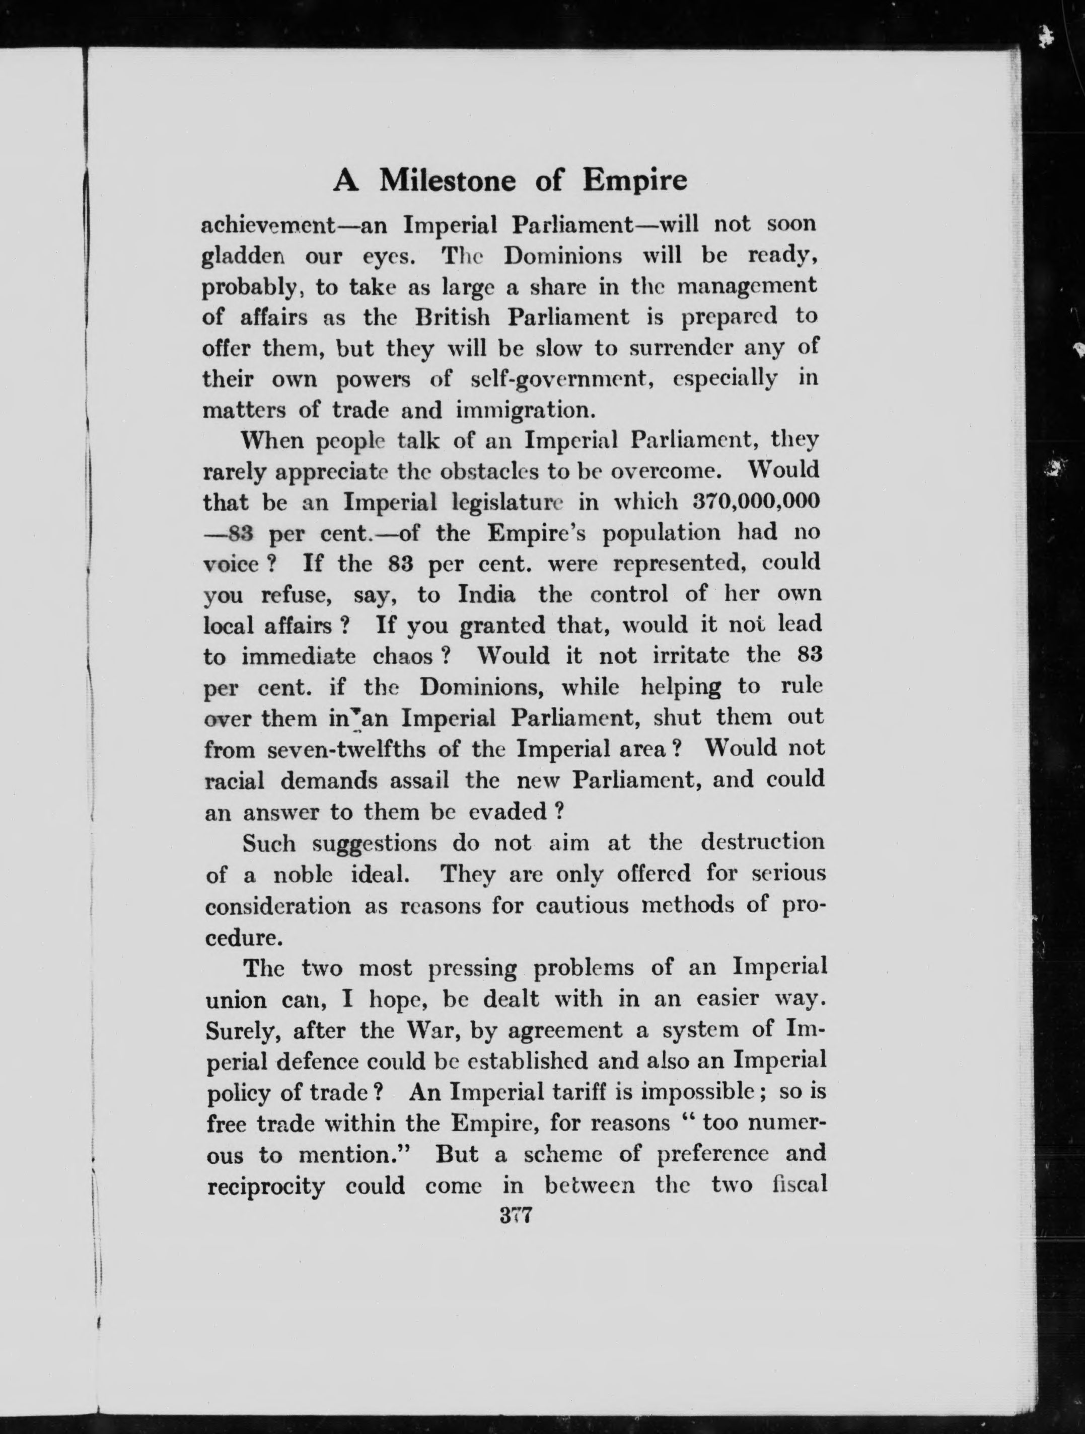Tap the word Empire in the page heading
click(x=634, y=181)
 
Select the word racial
click(x=234, y=780)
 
